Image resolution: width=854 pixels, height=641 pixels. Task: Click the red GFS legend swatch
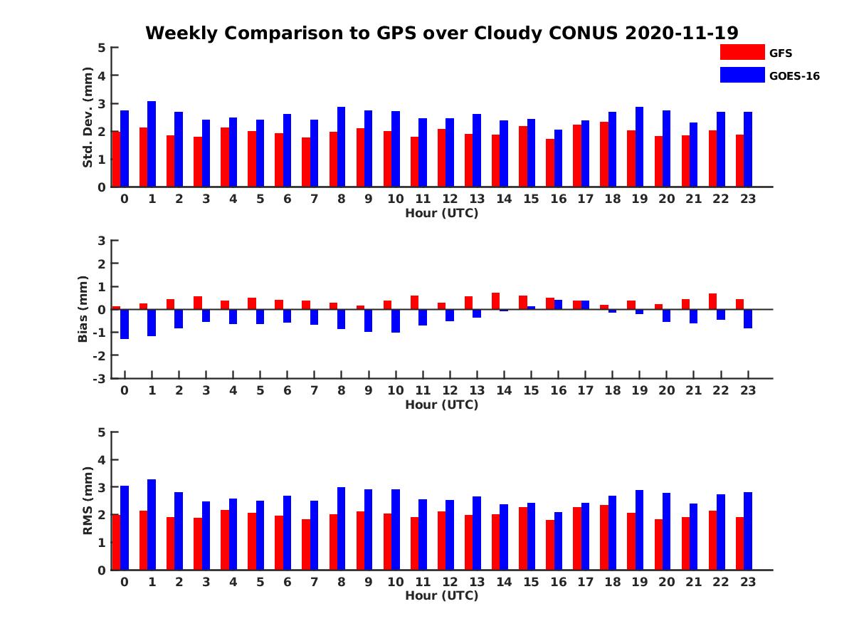click(742, 52)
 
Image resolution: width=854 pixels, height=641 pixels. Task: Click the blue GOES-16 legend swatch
click(742, 75)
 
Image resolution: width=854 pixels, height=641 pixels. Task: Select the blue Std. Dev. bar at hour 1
click(152, 144)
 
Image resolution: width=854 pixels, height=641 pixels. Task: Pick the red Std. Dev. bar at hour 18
click(604, 155)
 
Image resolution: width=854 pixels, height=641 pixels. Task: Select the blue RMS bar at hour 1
click(152, 524)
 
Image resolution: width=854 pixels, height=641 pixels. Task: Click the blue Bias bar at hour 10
click(396, 321)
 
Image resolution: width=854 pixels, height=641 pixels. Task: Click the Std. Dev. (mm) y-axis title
click(88, 118)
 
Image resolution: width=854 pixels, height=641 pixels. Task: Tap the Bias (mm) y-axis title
click(83, 309)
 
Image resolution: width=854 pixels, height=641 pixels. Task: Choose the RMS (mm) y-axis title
click(88, 501)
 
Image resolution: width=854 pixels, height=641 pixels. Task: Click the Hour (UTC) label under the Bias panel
click(441, 405)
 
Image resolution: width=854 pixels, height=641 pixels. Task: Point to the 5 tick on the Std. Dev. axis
click(102, 48)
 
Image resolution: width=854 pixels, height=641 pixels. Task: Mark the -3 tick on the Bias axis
click(100, 378)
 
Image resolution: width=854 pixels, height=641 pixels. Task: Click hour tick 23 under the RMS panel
click(747, 581)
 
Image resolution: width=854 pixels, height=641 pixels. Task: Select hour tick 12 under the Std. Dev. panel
click(449, 199)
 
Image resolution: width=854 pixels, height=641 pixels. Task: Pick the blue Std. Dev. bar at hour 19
click(639, 147)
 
